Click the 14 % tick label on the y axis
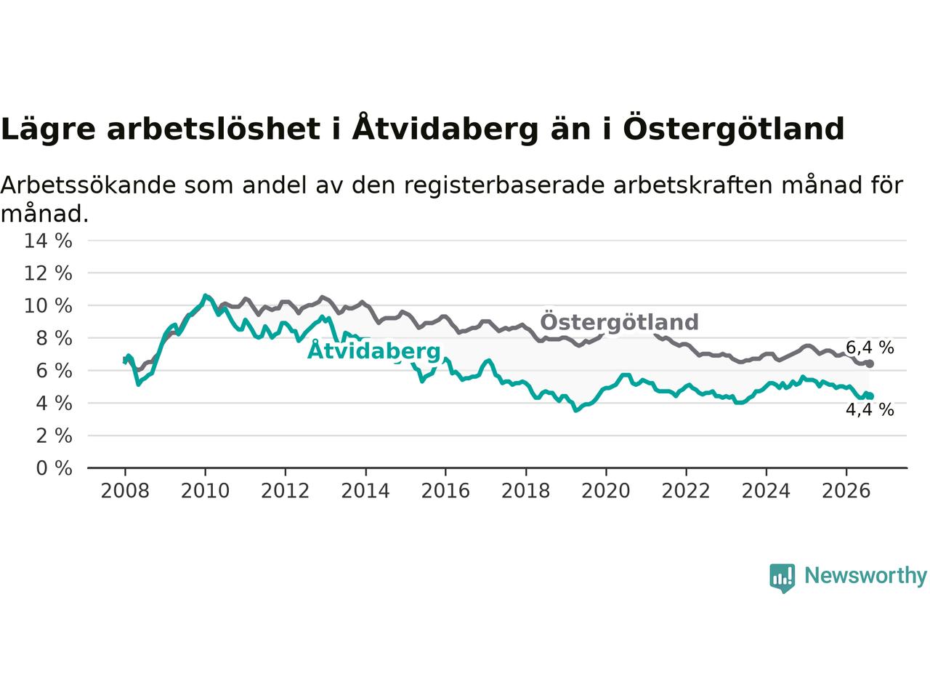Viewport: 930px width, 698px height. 48,241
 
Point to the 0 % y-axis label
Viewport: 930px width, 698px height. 54,468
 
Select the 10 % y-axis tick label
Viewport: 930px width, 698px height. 48,305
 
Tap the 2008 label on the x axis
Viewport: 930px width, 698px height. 125,492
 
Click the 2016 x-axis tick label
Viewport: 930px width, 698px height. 445,492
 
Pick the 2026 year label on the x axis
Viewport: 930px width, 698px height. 846,492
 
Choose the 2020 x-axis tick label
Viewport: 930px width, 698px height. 606,492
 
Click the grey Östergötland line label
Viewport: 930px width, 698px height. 620,321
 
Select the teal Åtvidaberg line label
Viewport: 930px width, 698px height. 373,350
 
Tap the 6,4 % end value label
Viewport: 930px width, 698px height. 870,348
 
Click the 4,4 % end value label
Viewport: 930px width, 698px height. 870,410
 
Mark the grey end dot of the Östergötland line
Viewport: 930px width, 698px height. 870,364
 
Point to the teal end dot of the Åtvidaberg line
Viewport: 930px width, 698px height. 870,396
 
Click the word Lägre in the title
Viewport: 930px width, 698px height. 48,129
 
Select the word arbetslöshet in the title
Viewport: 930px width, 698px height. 214,129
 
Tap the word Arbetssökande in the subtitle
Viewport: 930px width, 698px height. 88,185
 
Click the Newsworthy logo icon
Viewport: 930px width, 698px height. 782,578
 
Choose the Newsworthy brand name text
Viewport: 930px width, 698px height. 865,576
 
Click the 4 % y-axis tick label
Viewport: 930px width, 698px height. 54,404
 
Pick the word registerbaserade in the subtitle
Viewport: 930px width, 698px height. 504,186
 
